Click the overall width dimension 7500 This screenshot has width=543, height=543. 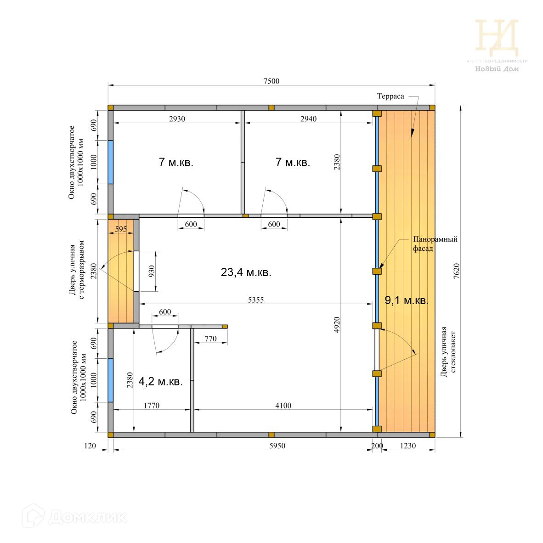pyautogui.click(x=271, y=81)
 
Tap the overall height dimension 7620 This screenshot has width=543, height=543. pyautogui.click(x=457, y=271)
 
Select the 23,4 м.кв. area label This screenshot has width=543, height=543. pyautogui.click(x=246, y=272)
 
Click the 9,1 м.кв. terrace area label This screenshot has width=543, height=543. pyautogui.click(x=407, y=300)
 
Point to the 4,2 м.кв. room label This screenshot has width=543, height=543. pyautogui.click(x=160, y=381)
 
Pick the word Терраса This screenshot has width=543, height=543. pyautogui.click(x=390, y=96)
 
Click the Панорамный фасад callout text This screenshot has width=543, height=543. pyautogui.click(x=435, y=244)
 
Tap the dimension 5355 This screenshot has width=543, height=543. pyautogui.click(x=255, y=300)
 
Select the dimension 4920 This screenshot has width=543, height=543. pyautogui.click(x=337, y=325)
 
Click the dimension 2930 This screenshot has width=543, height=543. pyautogui.click(x=177, y=119)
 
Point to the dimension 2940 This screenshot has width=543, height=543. pyautogui.click(x=308, y=119)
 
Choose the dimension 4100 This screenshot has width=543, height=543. pyautogui.click(x=283, y=406)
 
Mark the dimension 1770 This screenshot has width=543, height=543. pyautogui.click(x=151, y=406)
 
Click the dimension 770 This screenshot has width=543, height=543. pyautogui.click(x=210, y=339)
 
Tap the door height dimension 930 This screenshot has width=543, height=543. pyautogui.click(x=151, y=271)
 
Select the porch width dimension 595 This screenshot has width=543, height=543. pyautogui.click(x=121, y=229)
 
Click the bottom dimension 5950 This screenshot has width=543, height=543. pyautogui.click(x=277, y=446)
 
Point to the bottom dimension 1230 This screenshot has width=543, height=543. pyautogui.click(x=407, y=446)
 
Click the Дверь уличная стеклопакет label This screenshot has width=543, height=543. pyautogui.click(x=448, y=351)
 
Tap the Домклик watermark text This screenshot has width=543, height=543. pyautogui.click(x=88, y=517)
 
